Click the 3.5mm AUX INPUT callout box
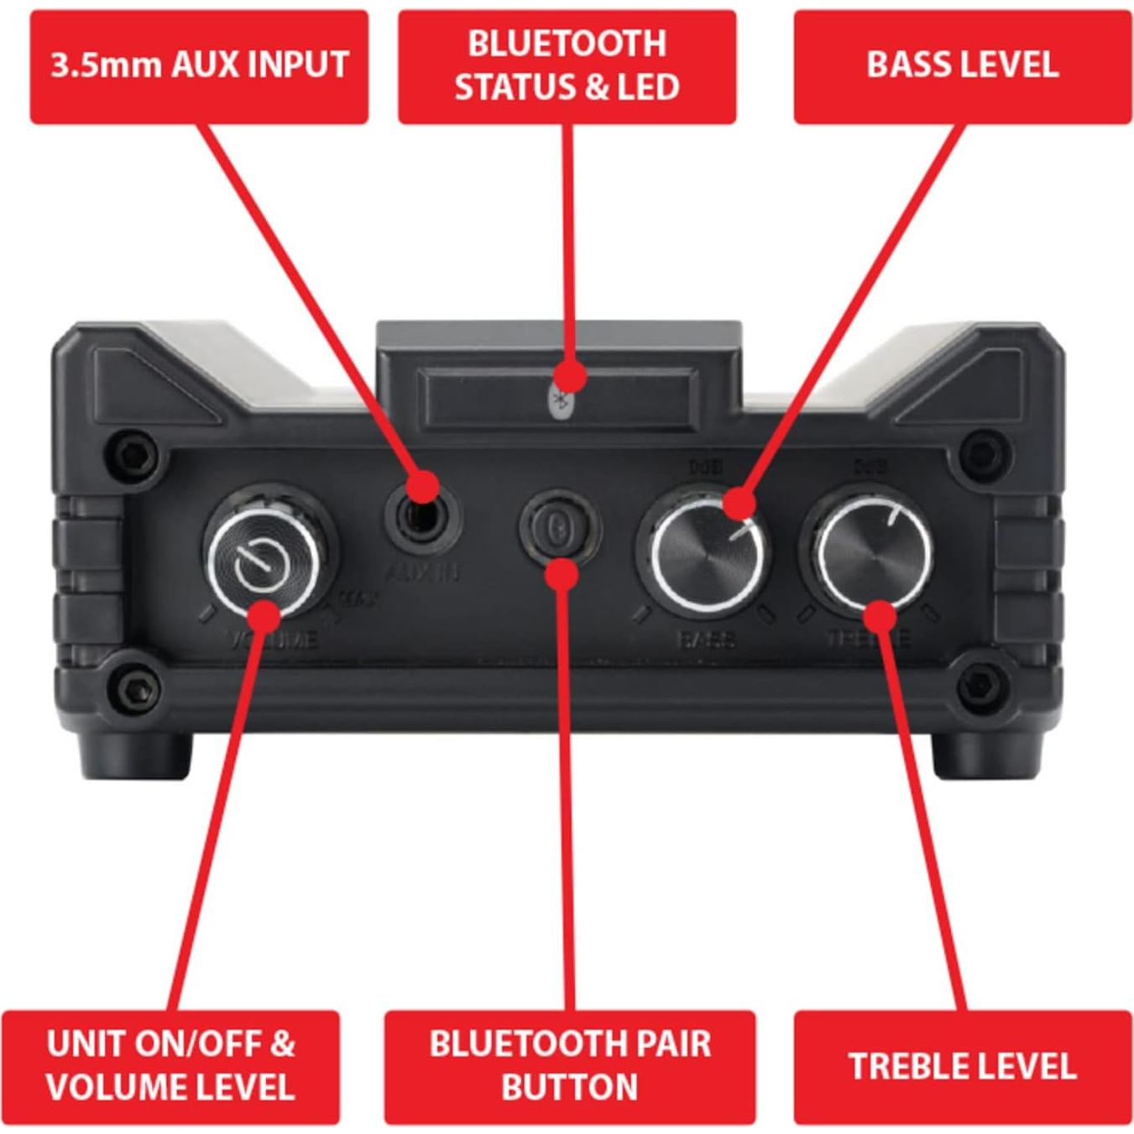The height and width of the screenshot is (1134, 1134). pyautogui.click(x=199, y=66)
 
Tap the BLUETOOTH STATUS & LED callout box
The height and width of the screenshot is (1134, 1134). pyautogui.click(x=567, y=66)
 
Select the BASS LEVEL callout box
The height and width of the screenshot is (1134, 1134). pyautogui.click(x=962, y=66)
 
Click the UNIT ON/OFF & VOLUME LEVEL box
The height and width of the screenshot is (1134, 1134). pyautogui.click(x=170, y=1066)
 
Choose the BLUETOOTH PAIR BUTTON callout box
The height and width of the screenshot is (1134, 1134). pyautogui.click(x=570, y=1066)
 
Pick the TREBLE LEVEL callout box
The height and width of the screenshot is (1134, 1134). pyautogui.click(x=962, y=1066)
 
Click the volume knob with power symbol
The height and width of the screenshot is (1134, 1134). pyautogui.click(x=263, y=559)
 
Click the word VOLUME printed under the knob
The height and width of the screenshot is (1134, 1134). pyautogui.click(x=273, y=640)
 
